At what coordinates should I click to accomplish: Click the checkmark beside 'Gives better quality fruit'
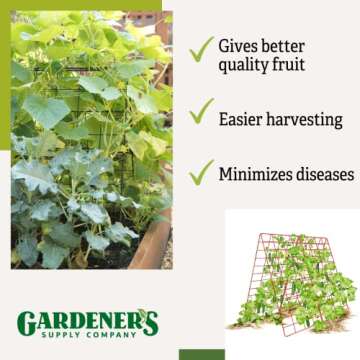(x=202, y=47)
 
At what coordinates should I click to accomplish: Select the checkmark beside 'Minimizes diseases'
(x=202, y=171)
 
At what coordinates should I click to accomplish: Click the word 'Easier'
(x=243, y=119)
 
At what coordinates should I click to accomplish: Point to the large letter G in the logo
(x=26, y=323)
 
